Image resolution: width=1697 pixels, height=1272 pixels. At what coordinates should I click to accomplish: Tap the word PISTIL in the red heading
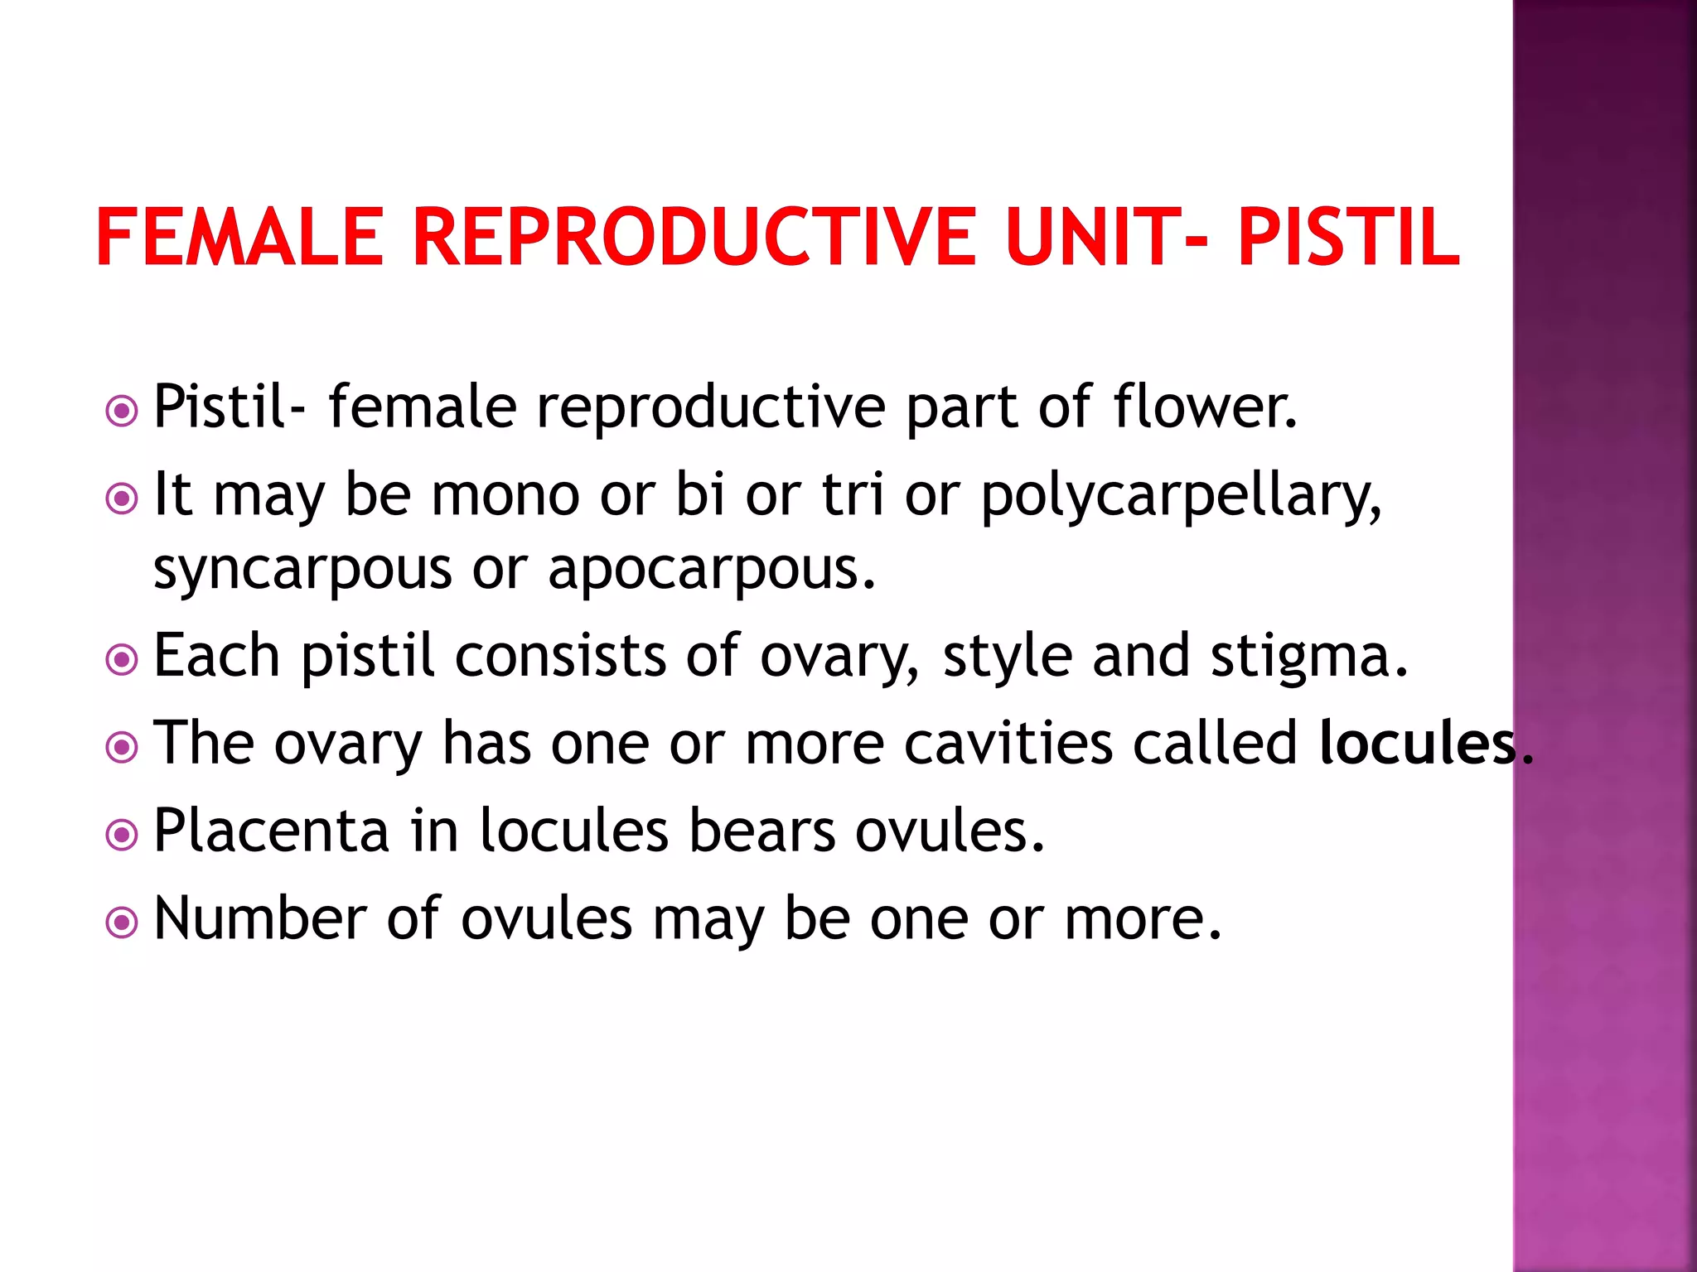(x=1348, y=238)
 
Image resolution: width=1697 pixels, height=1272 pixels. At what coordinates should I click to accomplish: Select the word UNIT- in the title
(x=1106, y=238)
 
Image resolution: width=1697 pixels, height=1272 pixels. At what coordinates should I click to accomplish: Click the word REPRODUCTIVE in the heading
(x=694, y=238)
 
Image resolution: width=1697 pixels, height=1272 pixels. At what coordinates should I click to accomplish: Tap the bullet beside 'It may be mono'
(x=123, y=499)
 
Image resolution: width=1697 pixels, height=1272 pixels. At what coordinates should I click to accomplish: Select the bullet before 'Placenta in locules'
(x=123, y=835)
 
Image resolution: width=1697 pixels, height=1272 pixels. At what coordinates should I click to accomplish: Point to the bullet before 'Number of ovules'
(x=123, y=923)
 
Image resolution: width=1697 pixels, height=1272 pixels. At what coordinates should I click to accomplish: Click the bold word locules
(x=1418, y=743)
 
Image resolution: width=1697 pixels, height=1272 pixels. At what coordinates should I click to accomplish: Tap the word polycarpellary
(x=1181, y=497)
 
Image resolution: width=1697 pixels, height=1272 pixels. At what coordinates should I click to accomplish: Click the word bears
(x=761, y=831)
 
